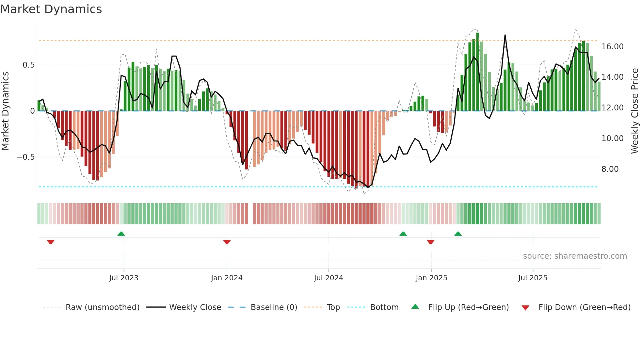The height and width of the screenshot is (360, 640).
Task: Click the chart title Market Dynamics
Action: pos(51,9)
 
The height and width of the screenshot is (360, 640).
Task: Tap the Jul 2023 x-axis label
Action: pos(124,278)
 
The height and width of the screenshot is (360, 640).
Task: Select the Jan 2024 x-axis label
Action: pos(227,278)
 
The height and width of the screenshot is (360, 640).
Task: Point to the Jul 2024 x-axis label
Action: pos(328,278)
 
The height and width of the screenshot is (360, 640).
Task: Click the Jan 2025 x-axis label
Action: pos(431,278)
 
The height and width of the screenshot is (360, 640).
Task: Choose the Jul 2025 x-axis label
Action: pos(533,278)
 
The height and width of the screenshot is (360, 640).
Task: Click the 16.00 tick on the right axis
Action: pos(612,47)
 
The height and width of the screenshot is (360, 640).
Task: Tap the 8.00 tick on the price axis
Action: pos(610,169)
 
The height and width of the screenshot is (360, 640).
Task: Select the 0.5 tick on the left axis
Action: pos(28,65)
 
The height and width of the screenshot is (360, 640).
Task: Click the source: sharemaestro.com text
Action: pos(575,256)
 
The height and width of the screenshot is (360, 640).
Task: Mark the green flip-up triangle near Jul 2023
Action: pos(121,234)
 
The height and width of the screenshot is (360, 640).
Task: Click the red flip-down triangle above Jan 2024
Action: pos(227,242)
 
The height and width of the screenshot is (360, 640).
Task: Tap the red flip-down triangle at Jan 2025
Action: pos(430,242)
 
